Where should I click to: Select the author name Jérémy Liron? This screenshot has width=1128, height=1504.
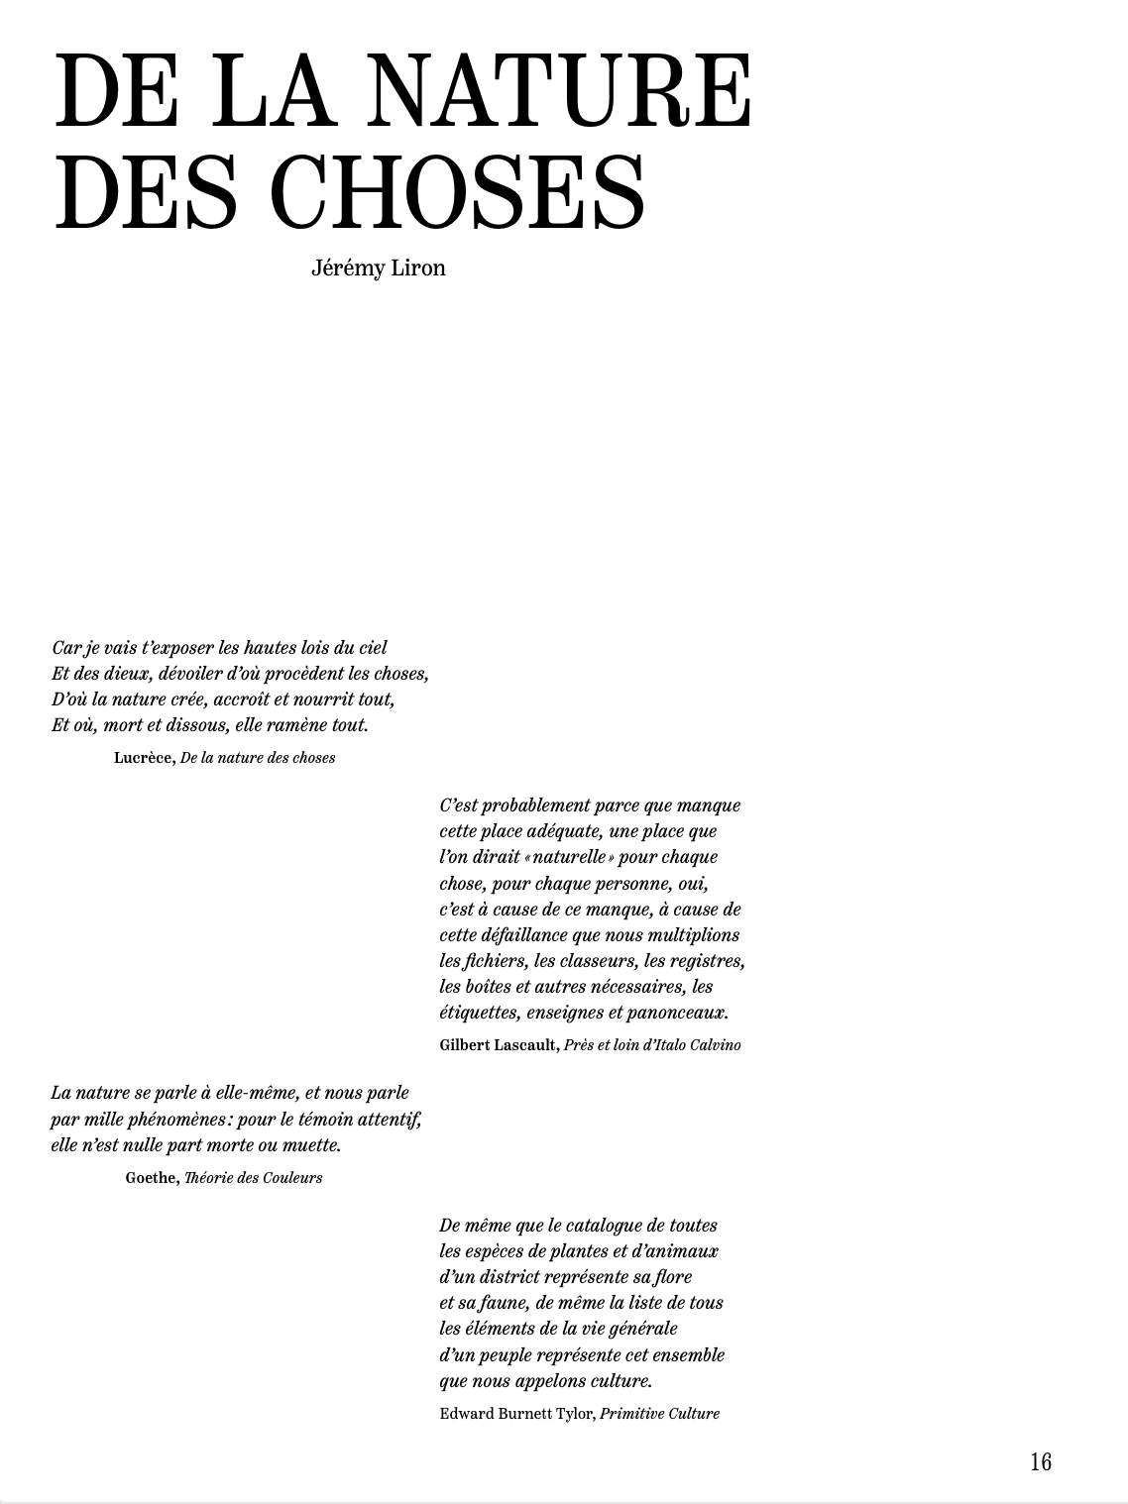pyautogui.click(x=378, y=269)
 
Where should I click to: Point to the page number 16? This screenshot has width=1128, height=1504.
pyautogui.click(x=1040, y=1461)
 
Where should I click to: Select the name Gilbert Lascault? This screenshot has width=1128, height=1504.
pyautogui.click(x=499, y=1045)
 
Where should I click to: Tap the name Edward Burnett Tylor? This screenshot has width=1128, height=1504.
pyautogui.click(x=516, y=1414)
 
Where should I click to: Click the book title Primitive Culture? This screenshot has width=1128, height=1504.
pyautogui.click(x=659, y=1414)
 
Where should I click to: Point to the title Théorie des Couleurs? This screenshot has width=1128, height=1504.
pyautogui.click(x=253, y=1178)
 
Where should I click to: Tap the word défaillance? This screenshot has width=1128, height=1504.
pyautogui.click(x=526, y=935)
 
